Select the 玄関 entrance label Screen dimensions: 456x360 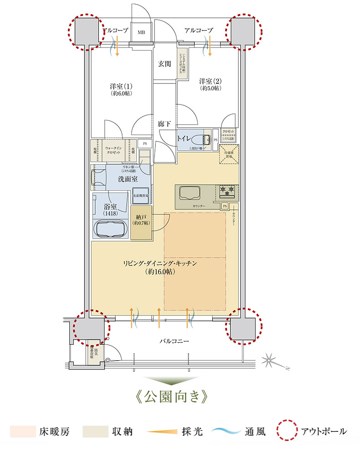coord(165,64)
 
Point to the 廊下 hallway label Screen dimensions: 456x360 coord(165,123)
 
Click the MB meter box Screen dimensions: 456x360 coord(142,32)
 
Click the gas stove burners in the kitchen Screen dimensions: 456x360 coord(227,191)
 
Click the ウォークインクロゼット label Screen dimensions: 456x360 coord(113,150)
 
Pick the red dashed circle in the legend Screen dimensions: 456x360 coord(288,431)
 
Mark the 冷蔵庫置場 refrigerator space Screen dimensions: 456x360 coord(226,154)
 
